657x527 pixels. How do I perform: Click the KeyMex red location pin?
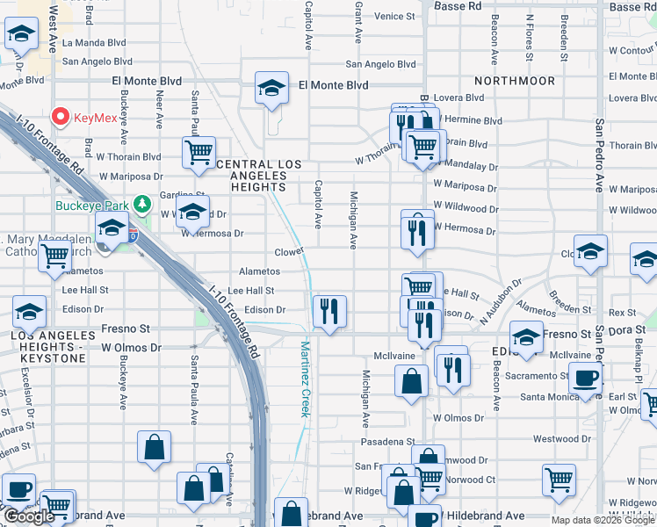click(61, 116)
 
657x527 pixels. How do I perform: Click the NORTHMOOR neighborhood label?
click(524, 81)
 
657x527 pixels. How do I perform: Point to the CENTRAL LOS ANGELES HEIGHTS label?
click(258, 176)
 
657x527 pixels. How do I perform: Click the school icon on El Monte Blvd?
click(272, 88)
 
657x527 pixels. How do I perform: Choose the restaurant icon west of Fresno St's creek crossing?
click(329, 311)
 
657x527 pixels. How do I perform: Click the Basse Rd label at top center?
click(458, 6)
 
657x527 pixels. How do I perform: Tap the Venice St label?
click(394, 17)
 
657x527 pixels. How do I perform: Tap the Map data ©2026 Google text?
click(602, 520)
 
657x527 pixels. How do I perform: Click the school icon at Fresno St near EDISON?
click(526, 338)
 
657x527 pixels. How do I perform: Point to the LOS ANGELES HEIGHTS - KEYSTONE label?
click(53, 342)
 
